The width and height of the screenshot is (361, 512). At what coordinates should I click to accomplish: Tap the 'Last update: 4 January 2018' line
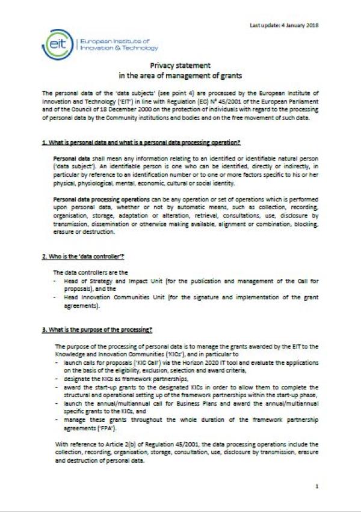(x=283, y=25)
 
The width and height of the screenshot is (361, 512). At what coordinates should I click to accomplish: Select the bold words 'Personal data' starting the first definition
(x=68, y=157)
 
